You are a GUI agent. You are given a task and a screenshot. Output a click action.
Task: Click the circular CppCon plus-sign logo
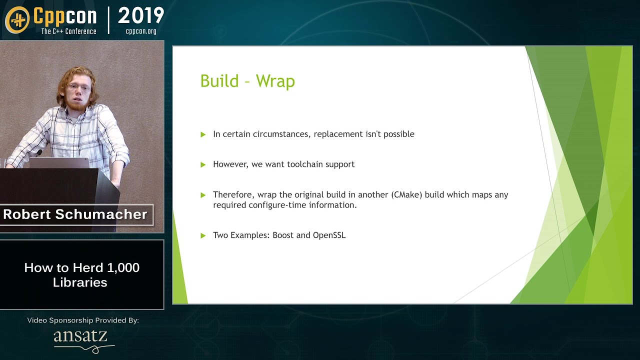coord(17,20)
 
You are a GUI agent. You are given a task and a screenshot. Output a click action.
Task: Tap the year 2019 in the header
coord(141,16)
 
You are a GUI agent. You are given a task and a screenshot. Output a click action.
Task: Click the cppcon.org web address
coord(141,31)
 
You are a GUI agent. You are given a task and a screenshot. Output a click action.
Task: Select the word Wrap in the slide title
coord(275,81)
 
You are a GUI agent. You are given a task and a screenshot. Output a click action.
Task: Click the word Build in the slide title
coord(219,81)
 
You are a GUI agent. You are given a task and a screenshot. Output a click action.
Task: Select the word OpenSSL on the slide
coord(329,235)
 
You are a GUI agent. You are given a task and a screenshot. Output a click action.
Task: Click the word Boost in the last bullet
coord(283,235)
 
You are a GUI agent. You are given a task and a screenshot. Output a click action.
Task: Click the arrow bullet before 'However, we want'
coord(203,164)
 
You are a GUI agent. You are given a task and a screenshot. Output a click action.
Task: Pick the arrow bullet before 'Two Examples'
coord(203,235)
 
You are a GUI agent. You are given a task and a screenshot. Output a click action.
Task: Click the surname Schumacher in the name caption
coord(101,214)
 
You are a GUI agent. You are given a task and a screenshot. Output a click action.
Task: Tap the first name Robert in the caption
coord(27,214)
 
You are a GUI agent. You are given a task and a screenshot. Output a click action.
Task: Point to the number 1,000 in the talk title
coord(123,268)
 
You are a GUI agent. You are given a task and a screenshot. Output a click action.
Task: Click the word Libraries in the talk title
coord(80,282)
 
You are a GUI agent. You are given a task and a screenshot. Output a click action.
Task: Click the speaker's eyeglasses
coord(78,87)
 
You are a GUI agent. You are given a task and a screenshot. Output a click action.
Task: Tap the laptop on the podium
coord(59,162)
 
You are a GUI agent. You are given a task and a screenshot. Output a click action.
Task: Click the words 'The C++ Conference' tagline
coord(69,31)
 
